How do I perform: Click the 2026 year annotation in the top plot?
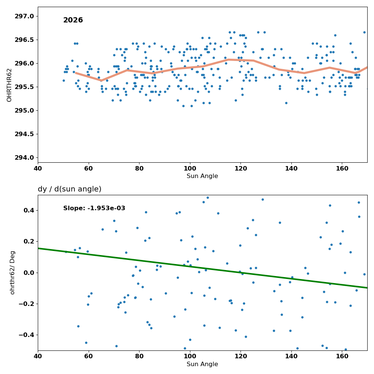73,20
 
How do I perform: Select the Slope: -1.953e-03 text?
94,208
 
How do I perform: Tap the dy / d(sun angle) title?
70,189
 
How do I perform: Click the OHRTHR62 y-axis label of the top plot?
9,85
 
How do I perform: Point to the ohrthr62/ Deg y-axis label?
12,273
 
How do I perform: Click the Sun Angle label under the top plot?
202,176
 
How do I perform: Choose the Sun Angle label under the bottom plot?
202,364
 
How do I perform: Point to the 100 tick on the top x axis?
190,168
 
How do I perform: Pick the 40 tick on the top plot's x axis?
38,168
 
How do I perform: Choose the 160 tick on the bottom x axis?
342,356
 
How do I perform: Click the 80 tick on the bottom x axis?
139,356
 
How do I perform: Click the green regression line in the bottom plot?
202,268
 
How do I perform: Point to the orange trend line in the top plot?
205,65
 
